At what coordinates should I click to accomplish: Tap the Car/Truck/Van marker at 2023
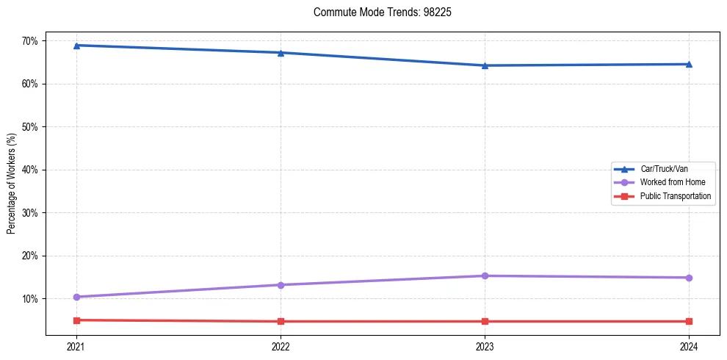pyautogui.click(x=485, y=65)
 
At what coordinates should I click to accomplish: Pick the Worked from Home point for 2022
pyautogui.click(x=280, y=285)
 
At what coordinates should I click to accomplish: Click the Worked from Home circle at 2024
pyautogui.click(x=689, y=278)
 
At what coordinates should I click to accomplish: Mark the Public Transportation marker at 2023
pyautogui.click(x=485, y=321)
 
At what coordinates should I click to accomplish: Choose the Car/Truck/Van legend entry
pyautogui.click(x=664, y=169)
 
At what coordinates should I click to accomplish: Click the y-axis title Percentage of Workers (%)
pyautogui.click(x=12, y=183)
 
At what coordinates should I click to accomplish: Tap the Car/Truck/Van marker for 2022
pyautogui.click(x=280, y=53)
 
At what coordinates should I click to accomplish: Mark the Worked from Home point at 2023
pyautogui.click(x=485, y=276)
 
